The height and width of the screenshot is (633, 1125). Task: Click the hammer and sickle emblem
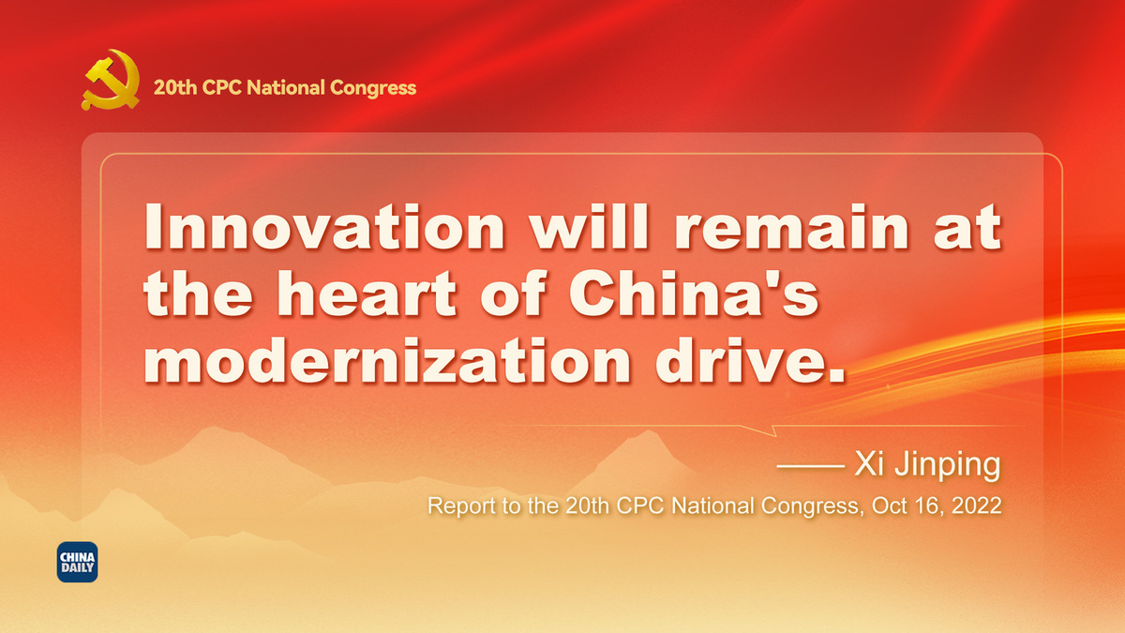(111, 80)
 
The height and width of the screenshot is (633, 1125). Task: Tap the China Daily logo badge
(77, 562)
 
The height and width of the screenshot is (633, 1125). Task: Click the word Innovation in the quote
(324, 227)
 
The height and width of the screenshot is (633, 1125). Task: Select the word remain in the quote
(791, 227)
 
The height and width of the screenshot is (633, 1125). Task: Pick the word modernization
(387, 360)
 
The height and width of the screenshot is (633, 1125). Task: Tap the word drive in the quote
(739, 360)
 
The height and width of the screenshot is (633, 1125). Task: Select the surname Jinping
(948, 466)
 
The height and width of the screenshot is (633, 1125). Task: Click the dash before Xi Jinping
(810, 466)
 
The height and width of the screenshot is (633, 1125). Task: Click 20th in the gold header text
(175, 87)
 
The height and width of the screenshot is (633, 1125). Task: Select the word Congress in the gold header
(373, 88)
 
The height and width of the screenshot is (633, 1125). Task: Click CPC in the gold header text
(221, 87)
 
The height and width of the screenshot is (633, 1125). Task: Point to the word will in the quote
(590, 227)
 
